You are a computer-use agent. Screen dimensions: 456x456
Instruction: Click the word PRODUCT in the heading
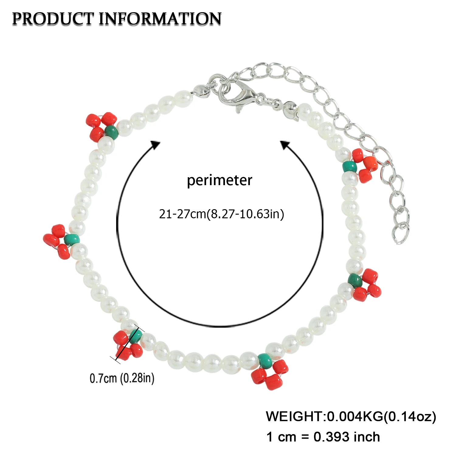point(52,19)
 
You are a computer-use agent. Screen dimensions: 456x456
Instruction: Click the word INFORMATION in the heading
point(160,19)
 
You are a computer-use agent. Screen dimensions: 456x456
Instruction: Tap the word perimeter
point(219,181)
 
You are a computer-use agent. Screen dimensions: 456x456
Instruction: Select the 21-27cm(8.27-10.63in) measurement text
point(221,214)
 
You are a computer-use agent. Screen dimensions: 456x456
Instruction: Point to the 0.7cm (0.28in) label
point(122,378)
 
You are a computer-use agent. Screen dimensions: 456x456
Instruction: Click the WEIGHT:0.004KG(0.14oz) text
point(351,416)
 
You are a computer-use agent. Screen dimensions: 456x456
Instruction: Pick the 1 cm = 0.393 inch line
point(323,437)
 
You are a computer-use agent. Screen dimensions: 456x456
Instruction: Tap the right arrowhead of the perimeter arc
point(285,145)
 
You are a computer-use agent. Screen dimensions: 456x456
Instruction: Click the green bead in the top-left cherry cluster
point(112,132)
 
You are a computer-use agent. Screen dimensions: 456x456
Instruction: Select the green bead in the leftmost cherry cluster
point(72,239)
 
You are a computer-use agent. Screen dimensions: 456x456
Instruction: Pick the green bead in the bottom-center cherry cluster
point(265,360)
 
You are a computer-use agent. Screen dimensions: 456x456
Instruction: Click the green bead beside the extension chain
point(349,166)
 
